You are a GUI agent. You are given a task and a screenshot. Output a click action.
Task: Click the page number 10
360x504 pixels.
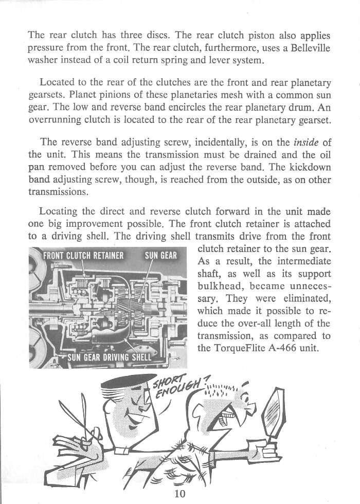[x=180, y=495]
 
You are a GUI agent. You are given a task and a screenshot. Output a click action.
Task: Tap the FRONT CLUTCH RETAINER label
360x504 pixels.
[x=84, y=256]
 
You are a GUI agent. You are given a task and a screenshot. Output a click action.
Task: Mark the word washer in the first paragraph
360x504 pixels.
[x=43, y=61]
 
